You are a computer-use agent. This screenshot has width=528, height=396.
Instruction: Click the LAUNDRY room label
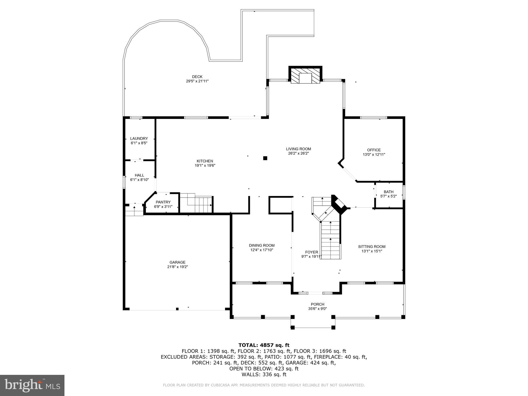139,138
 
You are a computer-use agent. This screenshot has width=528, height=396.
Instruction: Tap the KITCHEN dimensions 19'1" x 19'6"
205,166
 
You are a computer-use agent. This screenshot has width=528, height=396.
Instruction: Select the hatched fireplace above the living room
305,75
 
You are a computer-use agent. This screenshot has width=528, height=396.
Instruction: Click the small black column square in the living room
265,158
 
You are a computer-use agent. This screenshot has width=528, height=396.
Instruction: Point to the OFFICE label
374,150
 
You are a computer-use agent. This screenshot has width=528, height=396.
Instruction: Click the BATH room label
388,192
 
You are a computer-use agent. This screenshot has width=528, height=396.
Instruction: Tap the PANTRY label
163,202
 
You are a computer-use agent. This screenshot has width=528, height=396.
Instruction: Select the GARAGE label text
177,262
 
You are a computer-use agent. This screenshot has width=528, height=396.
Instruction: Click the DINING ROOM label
261,245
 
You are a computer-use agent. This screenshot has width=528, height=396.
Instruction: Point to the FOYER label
311,252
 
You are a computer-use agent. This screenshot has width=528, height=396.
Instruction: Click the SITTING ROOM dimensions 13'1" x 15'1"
372,251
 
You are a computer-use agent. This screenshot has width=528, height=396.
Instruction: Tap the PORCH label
317,304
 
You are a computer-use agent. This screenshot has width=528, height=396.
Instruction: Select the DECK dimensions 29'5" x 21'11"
197,81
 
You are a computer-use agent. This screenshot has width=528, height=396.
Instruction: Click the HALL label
139,175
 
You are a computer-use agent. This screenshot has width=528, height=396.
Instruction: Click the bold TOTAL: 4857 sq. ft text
264,345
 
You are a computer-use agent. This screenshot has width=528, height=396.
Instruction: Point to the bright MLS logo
32,385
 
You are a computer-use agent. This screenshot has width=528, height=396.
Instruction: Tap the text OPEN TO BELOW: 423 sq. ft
264,369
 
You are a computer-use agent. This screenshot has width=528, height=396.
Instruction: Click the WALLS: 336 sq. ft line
264,375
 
